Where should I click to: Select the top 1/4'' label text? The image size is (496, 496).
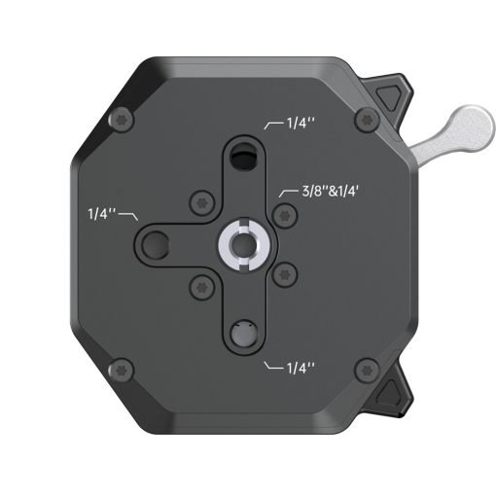300,124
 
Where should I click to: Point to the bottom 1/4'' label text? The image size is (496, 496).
300,370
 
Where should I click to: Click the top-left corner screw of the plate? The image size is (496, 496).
122,120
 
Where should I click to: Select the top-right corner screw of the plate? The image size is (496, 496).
366,120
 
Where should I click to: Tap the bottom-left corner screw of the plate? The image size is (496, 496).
122,369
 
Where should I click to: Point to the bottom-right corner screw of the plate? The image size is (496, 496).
366,369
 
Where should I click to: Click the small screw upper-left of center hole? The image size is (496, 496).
200,201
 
